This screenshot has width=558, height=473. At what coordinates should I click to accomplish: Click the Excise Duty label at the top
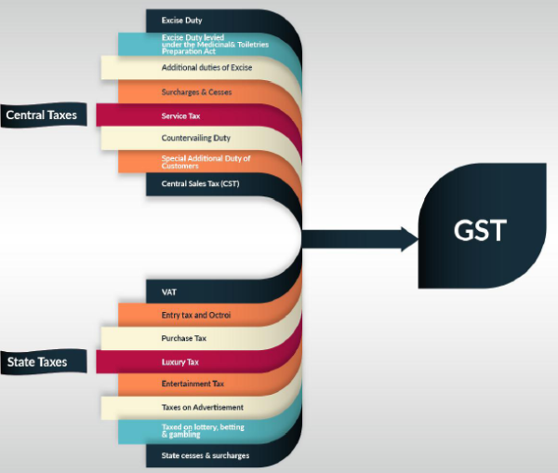(x=181, y=20)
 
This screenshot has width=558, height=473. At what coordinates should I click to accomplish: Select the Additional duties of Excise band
(x=206, y=68)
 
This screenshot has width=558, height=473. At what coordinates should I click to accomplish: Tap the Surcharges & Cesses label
(x=196, y=92)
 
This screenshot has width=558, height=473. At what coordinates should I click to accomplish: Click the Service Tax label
(x=180, y=115)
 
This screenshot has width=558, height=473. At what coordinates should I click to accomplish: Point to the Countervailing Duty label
(x=195, y=138)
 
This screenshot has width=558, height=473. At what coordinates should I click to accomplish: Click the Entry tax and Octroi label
(x=195, y=316)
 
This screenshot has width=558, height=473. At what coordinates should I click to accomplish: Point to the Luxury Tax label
(x=179, y=361)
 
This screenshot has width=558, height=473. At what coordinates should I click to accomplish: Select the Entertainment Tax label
(x=193, y=384)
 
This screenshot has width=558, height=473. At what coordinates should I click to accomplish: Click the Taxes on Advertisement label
(x=202, y=407)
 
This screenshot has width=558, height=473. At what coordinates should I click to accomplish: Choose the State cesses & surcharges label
(x=205, y=456)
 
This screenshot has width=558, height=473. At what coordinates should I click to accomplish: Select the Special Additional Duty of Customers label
(x=206, y=161)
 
